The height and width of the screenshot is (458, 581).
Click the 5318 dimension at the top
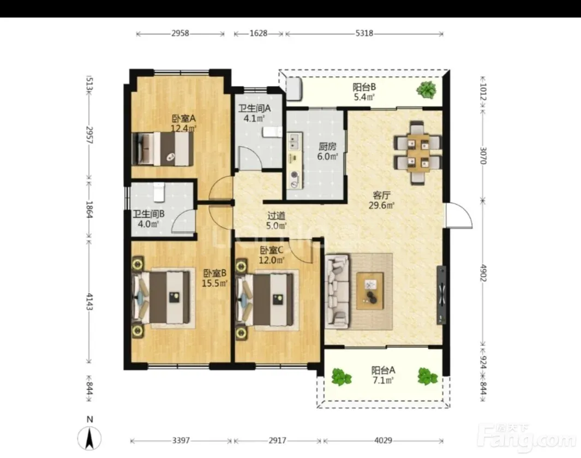tap(364, 33)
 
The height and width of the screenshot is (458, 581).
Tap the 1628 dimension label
tap(258, 33)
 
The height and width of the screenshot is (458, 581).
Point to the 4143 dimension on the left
tap(89, 301)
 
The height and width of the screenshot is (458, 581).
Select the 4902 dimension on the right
tap(483, 272)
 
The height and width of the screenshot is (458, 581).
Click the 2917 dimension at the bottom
tap(278, 440)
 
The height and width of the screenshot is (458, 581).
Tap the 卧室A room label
tap(183, 118)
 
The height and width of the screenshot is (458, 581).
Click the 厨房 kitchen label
tap(327, 146)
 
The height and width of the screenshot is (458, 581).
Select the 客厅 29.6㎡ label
tap(381, 200)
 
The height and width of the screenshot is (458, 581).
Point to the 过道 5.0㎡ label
tap(277, 221)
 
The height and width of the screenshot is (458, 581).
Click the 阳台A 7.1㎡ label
tap(383, 375)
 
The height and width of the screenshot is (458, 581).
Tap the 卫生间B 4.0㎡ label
tap(148, 219)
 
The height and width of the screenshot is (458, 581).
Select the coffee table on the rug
tap(370, 291)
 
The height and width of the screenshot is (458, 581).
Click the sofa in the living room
tap(337, 291)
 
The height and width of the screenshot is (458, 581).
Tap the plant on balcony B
tap(426, 90)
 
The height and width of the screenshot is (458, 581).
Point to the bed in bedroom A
tap(163, 148)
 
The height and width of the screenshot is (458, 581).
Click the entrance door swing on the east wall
tap(459, 216)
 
